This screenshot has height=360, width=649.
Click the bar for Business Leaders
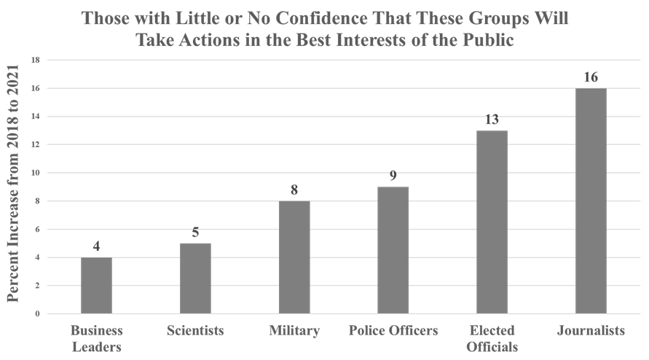pos(96,285)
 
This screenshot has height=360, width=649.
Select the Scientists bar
pos(195,278)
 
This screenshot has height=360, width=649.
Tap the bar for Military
pos(294,257)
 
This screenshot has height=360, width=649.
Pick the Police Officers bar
pos(393,250)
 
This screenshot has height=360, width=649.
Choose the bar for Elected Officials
pos(492,222)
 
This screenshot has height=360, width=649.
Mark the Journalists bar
pos(591,200)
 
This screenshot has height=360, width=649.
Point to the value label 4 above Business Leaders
pos(96,246)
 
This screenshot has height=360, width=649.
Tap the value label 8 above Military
pos(294,190)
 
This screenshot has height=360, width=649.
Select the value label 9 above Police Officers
pos(393,176)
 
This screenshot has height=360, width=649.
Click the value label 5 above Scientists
pos(195,232)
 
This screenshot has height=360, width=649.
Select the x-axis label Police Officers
pos(393,331)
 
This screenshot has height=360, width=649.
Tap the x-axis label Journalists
pos(591,331)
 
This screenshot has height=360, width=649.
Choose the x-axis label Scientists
pos(195,331)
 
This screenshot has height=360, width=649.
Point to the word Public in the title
pos(489,41)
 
